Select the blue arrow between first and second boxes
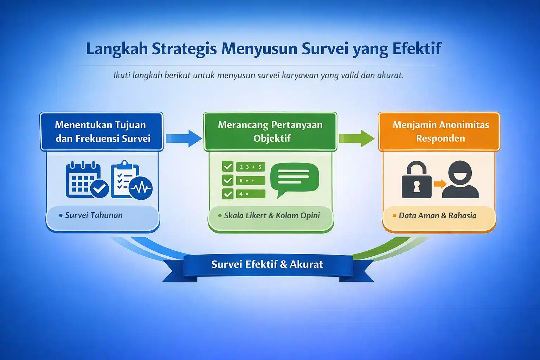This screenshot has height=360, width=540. (x=184, y=138)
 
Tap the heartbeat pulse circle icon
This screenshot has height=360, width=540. (x=141, y=188)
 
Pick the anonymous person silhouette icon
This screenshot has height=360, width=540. (x=460, y=180)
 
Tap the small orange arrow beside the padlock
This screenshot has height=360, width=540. (x=439, y=184)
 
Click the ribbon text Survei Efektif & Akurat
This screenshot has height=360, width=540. (x=267, y=264)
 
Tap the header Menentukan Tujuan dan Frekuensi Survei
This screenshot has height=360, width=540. (x=102, y=131)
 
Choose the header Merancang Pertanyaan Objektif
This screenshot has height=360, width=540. (x=270, y=131)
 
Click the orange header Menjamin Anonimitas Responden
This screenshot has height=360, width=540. (x=441, y=131)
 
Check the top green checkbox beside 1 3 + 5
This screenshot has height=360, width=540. (x=228, y=166)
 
